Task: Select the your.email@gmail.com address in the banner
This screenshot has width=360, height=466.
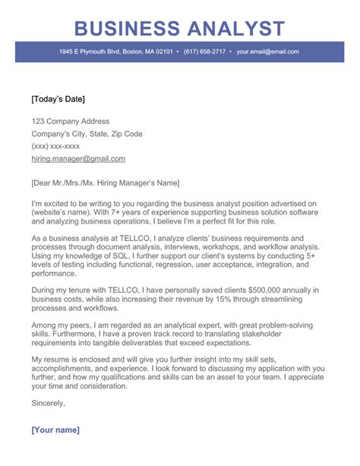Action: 267,52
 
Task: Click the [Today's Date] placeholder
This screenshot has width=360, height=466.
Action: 58,99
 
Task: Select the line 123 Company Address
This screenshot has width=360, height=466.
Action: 70,122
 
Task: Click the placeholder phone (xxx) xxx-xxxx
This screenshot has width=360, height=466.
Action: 55,147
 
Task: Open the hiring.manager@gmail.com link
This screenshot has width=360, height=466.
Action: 78,159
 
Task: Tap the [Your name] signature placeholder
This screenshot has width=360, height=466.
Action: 55,430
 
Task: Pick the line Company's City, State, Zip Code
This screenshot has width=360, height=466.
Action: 87,134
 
